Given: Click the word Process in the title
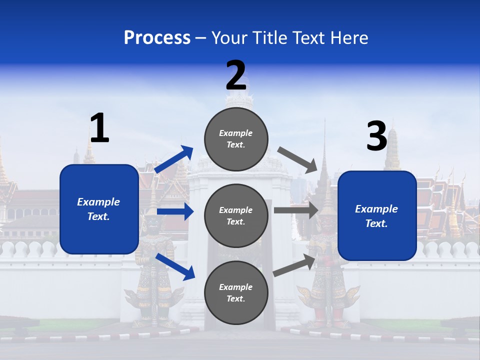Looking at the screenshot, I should tap(157, 38).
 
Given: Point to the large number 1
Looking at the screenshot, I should tap(99, 128).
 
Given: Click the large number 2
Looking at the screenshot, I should tap(236, 75).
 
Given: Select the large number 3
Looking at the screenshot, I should tap(376, 136).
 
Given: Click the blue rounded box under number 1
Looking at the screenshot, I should tap(99, 209).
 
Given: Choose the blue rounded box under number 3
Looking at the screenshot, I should tap(377, 216).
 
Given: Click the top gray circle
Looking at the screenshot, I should tap(236, 139).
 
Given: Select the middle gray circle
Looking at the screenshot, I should tap(236, 216).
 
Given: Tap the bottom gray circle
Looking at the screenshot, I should tap(236, 293).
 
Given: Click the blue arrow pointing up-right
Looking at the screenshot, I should tap(174, 159).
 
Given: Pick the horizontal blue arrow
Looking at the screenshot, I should tap(175, 211).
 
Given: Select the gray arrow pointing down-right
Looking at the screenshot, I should tap(298, 160).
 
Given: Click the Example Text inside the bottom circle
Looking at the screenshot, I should tap(236, 293).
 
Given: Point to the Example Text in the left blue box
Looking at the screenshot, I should tap(99, 209).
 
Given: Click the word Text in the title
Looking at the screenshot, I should tap(310, 38).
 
